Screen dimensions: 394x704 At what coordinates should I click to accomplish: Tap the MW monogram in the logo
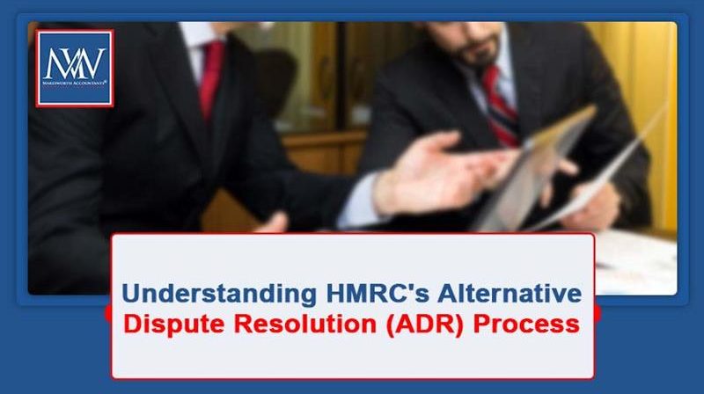coord(75,62)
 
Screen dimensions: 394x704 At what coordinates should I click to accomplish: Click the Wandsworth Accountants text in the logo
coord(75,86)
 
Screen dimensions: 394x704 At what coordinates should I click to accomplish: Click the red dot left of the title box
coord(108,313)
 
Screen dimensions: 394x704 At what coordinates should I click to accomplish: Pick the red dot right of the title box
coord(598,313)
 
